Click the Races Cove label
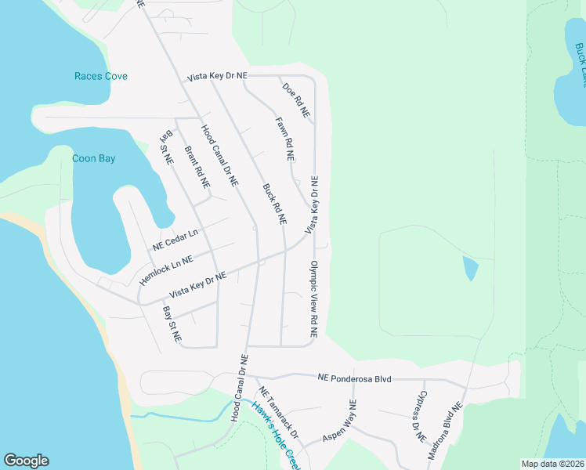(100, 76)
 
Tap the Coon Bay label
(94, 158)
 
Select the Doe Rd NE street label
(296, 101)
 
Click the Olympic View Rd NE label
(313, 299)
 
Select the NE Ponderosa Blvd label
(354, 378)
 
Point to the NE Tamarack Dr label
(279, 413)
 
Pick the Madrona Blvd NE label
(446, 432)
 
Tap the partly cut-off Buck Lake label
(580, 64)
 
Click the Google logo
(26, 461)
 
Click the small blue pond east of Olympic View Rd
(471, 268)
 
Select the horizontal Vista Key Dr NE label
(217, 75)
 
